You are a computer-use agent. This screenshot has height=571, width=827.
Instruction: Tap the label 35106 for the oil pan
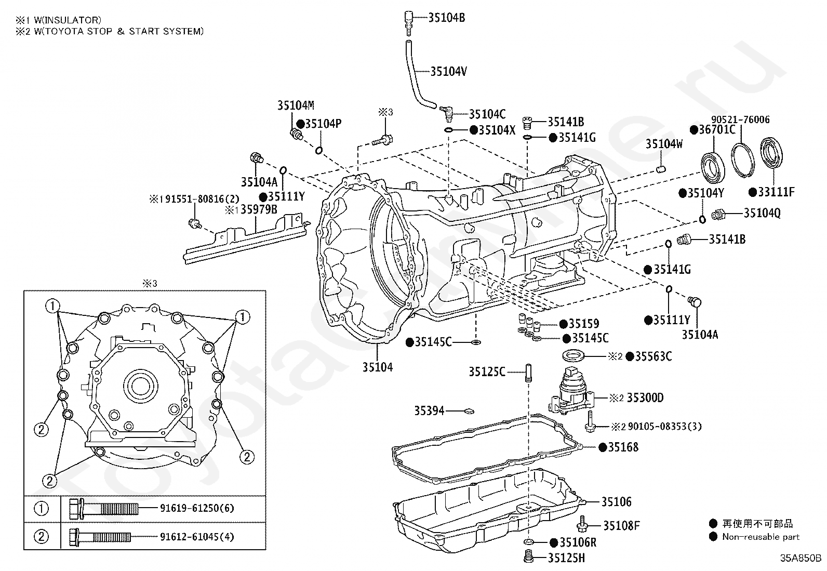(617, 502)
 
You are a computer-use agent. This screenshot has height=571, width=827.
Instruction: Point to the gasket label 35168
(623, 447)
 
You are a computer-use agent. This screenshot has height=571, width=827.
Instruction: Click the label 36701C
(717, 130)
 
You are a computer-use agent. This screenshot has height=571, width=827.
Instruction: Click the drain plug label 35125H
(566, 558)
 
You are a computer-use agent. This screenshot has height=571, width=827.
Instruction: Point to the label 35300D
(645, 398)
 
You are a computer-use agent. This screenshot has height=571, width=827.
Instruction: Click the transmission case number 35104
(378, 367)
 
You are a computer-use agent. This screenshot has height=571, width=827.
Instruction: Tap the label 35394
(429, 411)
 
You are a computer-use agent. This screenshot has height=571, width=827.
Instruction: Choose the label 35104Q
(762, 213)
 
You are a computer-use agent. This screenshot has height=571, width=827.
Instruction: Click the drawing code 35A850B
(800, 559)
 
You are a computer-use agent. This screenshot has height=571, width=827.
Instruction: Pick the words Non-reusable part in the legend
(761, 537)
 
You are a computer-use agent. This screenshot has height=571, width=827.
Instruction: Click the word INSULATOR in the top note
(67, 20)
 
